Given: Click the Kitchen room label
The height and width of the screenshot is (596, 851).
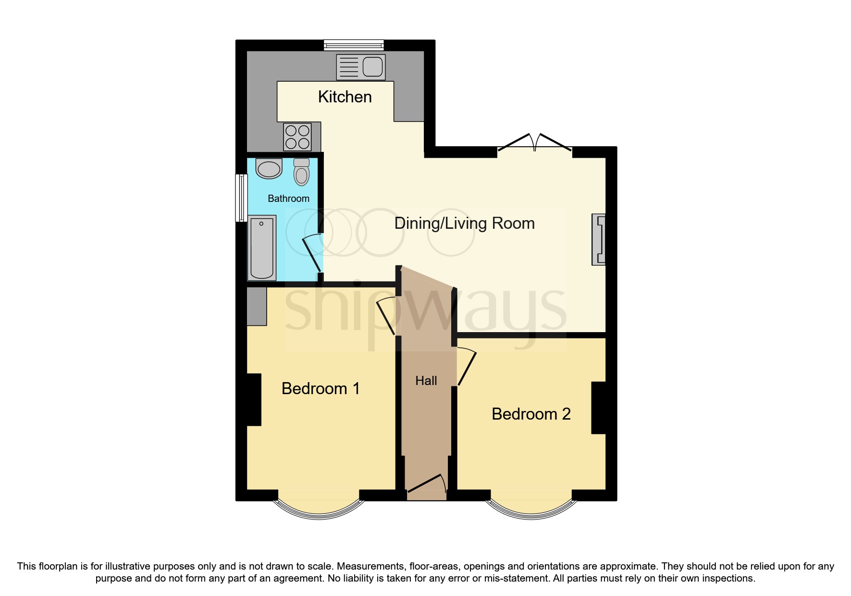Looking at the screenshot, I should click(345, 97).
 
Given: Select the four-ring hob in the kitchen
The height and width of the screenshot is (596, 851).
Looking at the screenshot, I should click(297, 137).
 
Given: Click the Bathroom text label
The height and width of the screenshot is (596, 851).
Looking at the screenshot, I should click(288, 199).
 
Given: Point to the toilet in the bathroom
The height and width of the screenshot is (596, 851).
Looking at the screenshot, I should click(302, 173).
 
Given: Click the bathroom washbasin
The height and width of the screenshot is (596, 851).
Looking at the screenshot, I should click(269, 169).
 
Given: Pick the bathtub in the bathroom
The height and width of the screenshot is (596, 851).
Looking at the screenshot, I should click(262, 248).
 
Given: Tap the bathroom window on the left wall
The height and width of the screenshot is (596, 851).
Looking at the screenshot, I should click(241, 198).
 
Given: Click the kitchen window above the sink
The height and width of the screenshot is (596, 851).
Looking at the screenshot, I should click(354, 45).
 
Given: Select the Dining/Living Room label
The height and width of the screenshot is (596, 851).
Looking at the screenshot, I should click(464, 223).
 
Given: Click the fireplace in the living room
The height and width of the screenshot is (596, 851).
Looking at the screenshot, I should click(599, 239).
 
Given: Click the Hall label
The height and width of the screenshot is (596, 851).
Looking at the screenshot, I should click(426, 381).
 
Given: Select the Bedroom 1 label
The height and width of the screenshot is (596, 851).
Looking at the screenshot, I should click(321, 389).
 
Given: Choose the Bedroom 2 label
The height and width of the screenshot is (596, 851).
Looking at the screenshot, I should click(531, 414).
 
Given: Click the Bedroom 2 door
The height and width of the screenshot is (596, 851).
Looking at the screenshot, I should click(467, 368).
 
